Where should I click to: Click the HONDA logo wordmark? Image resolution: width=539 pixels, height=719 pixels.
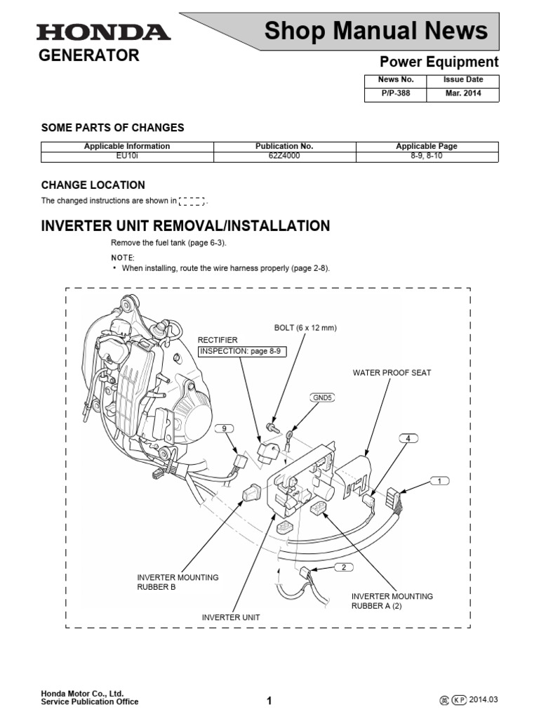pos(102,32)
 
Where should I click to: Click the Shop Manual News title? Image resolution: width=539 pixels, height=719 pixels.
pos(375,31)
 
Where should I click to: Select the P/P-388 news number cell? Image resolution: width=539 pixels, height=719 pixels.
pos(395,93)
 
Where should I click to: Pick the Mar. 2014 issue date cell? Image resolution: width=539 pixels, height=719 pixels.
pos(463,93)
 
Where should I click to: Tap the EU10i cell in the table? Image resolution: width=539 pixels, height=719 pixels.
pos(127,156)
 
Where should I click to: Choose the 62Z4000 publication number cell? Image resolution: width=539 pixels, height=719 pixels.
pos(284,156)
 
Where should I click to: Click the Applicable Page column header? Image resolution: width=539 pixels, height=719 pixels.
pos(427,146)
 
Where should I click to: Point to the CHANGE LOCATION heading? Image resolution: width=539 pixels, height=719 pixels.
pos(93,185)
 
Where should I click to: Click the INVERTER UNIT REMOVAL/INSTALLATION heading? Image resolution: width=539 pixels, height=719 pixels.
pos(185,226)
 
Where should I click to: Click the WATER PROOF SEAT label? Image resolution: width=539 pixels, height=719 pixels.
pos(392,373)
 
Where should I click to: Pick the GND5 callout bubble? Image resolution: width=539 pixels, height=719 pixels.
pos(322,397)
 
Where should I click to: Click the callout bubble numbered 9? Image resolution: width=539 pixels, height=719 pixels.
pos(225,428)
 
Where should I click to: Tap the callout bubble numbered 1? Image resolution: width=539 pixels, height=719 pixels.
pos(440,482)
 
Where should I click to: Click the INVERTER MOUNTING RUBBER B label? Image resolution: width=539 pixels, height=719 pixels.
pos(178,582)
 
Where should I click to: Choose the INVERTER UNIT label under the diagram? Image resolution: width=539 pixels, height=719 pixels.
pos(231,617)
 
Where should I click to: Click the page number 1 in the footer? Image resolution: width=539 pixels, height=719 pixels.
pos(269,700)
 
